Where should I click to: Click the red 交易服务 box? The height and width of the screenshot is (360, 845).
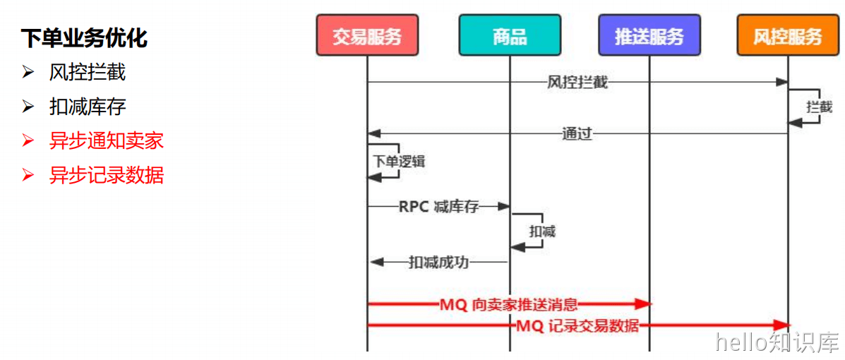click(367, 36)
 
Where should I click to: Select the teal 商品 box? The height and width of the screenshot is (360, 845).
click(510, 36)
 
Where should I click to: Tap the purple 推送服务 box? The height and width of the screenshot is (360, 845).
click(649, 36)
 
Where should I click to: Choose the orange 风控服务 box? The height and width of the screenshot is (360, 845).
click(788, 36)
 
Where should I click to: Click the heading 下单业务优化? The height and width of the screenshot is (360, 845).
click(84, 38)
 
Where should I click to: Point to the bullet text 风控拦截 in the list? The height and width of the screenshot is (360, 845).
click(88, 72)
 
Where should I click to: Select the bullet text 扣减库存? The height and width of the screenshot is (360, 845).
click(88, 107)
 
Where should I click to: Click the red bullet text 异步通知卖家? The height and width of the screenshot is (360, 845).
click(107, 140)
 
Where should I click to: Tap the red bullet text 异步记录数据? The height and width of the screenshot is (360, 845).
click(107, 174)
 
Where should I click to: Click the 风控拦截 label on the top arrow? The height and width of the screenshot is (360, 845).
click(577, 83)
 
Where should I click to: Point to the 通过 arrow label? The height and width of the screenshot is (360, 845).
click(577, 133)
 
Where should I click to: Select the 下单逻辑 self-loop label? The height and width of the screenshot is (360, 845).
click(399, 161)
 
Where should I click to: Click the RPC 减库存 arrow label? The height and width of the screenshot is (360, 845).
click(438, 206)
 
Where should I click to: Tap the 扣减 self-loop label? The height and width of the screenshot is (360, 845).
click(542, 232)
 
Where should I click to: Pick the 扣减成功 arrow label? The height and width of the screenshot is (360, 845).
click(438, 263)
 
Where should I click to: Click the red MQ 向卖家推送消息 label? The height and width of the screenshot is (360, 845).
click(508, 305)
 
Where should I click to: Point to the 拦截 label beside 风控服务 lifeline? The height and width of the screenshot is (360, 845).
click(819, 107)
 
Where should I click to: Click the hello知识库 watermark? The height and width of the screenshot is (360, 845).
click(777, 342)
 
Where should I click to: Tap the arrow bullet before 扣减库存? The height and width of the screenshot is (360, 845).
click(28, 107)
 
